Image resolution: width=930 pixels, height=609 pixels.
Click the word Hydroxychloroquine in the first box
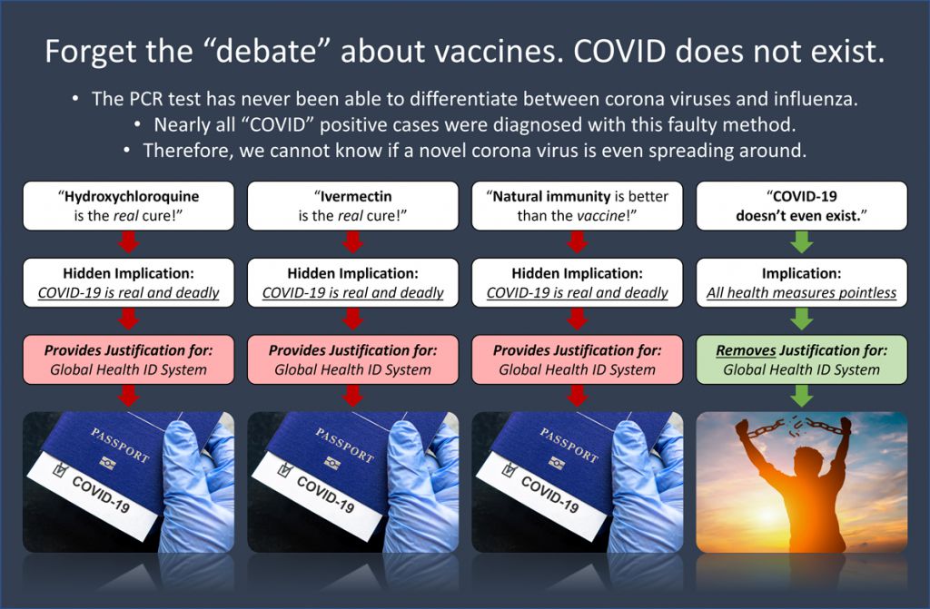(x=132, y=196)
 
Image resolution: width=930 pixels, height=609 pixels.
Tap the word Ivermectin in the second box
(x=356, y=196)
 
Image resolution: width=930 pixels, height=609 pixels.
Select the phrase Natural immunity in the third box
(x=551, y=196)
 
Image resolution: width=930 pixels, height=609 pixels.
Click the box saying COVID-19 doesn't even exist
(x=801, y=206)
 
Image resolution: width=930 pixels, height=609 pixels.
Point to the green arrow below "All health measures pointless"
(x=802, y=319)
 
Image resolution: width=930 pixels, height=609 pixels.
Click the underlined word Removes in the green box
(x=746, y=350)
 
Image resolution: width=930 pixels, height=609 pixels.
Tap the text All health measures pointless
(x=801, y=292)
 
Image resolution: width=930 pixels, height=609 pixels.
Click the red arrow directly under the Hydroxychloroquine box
(x=129, y=242)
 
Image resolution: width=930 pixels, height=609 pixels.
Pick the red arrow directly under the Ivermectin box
(x=353, y=242)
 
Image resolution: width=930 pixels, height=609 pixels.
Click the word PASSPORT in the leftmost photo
(x=119, y=446)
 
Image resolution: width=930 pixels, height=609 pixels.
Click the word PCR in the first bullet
(x=144, y=98)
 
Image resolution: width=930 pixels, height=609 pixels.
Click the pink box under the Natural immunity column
(x=577, y=359)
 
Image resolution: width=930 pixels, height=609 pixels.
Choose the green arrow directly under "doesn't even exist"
(x=802, y=242)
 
